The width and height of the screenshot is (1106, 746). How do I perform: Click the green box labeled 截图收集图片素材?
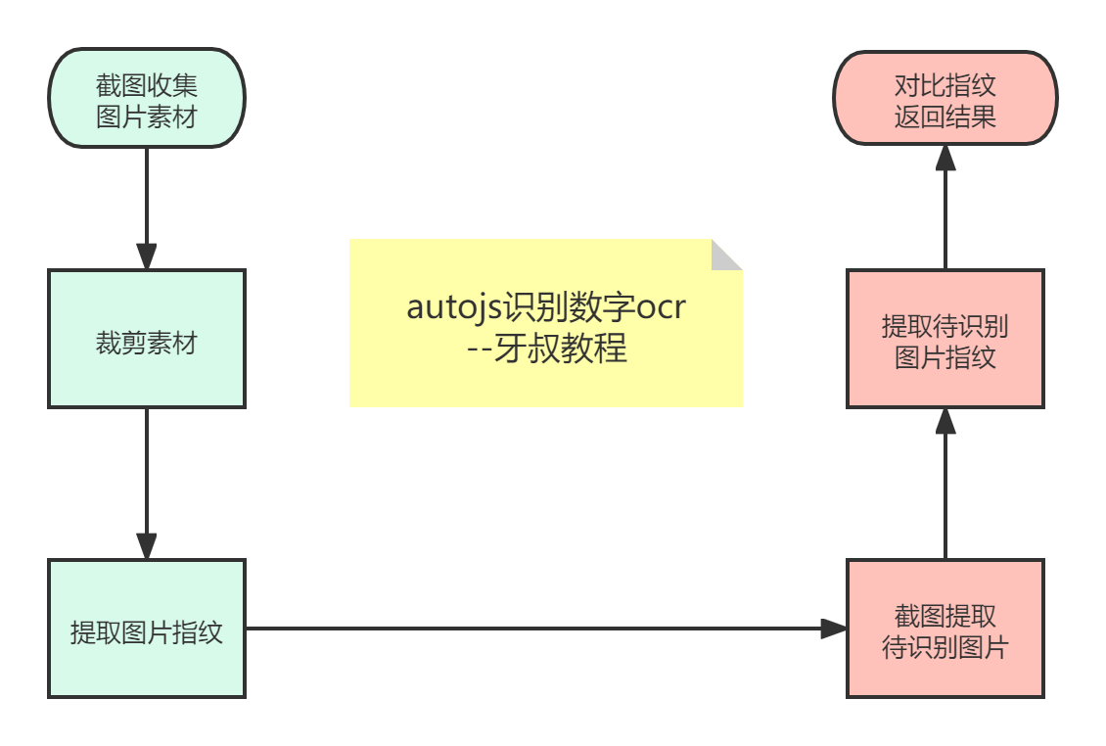tap(147, 98)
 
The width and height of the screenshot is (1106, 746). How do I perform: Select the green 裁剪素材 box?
tap(147, 339)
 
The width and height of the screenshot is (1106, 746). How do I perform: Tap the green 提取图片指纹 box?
tap(147, 629)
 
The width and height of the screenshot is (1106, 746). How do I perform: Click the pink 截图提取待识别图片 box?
tap(945, 629)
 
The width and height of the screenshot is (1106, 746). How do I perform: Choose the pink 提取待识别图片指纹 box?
tap(945, 339)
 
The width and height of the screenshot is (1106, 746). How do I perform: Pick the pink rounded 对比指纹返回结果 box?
tap(945, 98)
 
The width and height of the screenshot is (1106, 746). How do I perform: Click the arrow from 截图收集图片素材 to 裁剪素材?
tap(147, 206)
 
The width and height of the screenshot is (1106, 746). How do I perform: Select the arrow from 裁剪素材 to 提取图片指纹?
tap(147, 480)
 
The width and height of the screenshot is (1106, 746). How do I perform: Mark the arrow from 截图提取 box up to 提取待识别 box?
tap(945, 485)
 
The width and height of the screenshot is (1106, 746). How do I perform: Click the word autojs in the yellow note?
tap(451, 307)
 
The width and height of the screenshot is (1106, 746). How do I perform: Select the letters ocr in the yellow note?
tap(662, 307)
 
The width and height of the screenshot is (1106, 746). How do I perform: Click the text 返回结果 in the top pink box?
tap(945, 117)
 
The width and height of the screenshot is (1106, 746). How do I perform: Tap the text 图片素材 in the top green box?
tap(147, 117)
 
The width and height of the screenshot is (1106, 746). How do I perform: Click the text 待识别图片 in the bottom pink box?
tap(945, 647)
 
